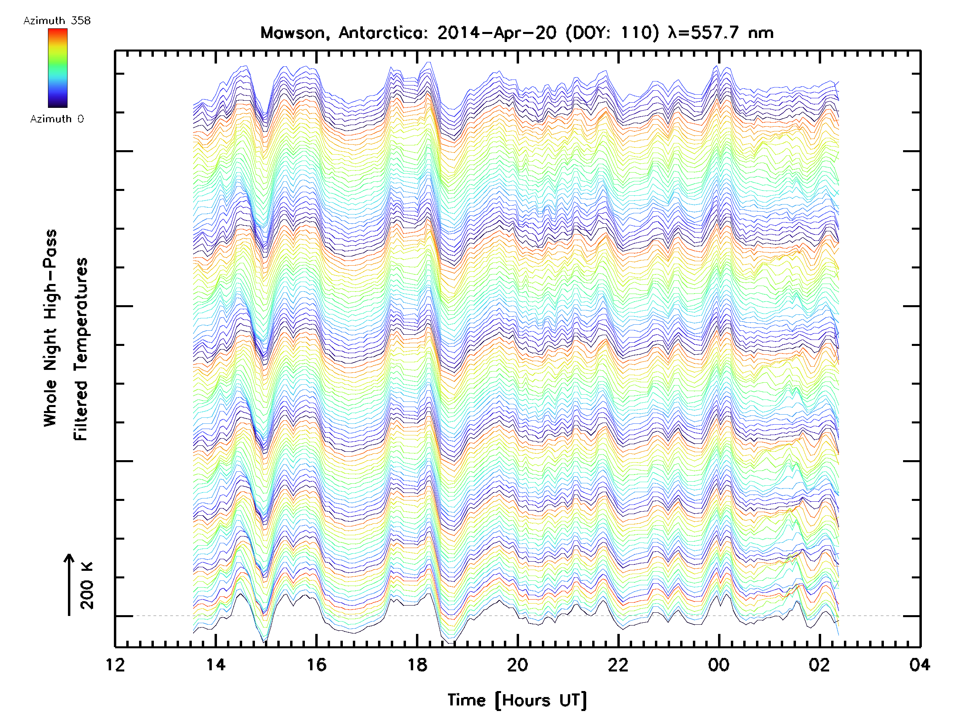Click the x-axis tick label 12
tap(115, 665)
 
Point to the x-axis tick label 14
tap(216, 665)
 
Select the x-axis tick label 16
tap(316, 665)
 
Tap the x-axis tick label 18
tap(417, 665)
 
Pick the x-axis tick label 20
tap(517, 665)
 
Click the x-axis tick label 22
tap(618, 665)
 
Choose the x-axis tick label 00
tap(719, 665)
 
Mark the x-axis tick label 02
tap(820, 665)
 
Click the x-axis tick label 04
tap(919, 665)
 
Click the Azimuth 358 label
tap(57, 21)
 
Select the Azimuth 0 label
tap(57, 119)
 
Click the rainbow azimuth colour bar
tap(58, 68)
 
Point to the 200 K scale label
tap(87, 585)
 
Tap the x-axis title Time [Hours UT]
tap(517, 700)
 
